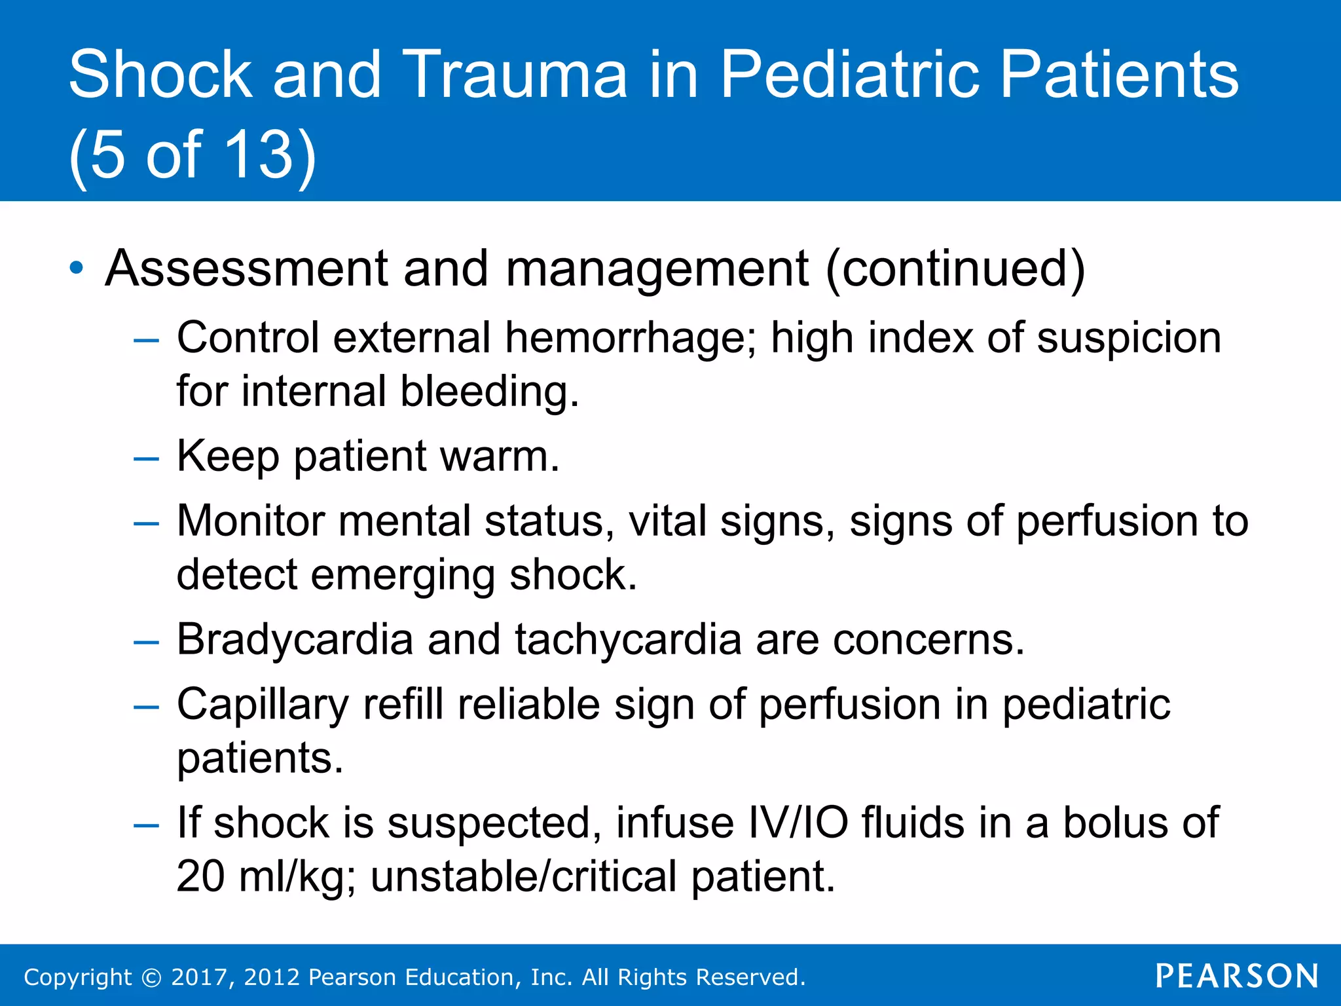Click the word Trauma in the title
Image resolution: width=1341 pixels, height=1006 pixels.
click(x=515, y=75)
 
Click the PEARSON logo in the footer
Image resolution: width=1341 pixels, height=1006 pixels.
click(x=1236, y=976)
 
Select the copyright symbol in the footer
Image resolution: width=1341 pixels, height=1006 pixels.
click(x=151, y=977)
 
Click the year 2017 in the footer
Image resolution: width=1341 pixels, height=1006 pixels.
click(x=199, y=977)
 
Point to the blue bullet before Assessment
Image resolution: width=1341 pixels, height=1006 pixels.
click(x=77, y=268)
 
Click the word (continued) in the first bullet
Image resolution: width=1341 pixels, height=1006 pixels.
click(x=955, y=269)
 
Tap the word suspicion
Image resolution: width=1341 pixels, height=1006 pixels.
click(x=1129, y=338)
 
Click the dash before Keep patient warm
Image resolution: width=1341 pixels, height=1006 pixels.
click(x=145, y=458)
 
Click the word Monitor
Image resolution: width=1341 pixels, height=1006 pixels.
click(x=251, y=521)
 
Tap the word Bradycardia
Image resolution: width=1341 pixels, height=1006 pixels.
click(x=295, y=639)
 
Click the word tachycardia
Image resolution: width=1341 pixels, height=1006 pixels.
click(x=627, y=639)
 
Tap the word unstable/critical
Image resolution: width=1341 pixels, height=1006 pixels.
click(x=523, y=876)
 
